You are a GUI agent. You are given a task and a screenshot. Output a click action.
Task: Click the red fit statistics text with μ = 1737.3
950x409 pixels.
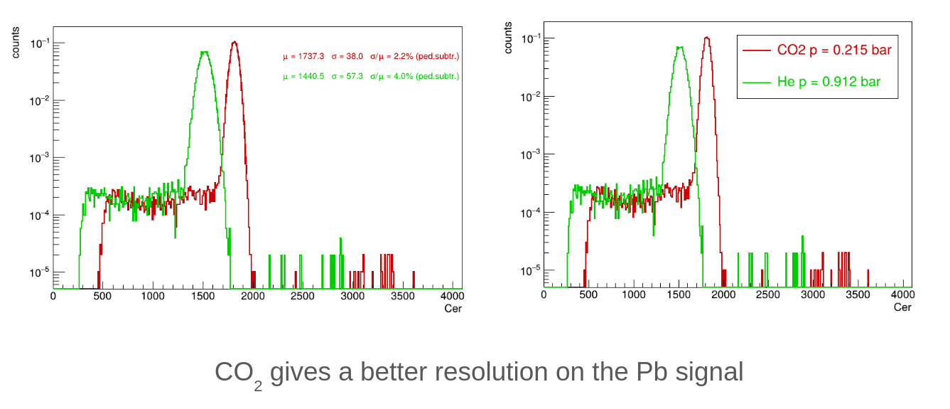coord(370,55)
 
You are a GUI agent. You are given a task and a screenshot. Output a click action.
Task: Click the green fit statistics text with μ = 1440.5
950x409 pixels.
coord(370,75)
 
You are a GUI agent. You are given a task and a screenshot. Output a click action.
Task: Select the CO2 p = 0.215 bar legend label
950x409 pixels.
coord(834,51)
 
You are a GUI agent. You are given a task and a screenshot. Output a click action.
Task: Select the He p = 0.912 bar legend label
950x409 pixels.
coord(829,82)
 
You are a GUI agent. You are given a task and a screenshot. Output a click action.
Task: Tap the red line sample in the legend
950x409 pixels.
coord(756,51)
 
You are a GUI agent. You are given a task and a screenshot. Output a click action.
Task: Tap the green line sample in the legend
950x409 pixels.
coord(756,82)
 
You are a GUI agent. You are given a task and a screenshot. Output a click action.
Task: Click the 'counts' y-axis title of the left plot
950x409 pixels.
coord(16,43)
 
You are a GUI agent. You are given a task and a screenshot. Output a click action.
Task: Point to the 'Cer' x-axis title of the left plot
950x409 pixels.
coord(453,308)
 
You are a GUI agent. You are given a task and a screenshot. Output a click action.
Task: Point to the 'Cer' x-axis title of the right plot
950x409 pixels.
coord(902,307)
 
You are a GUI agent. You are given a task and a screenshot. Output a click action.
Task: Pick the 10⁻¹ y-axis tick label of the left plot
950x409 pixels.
coord(39,43)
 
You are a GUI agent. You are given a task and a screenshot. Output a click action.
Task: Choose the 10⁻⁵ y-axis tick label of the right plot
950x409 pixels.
coord(531,271)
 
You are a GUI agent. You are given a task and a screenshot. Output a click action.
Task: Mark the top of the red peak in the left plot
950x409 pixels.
coord(234,42)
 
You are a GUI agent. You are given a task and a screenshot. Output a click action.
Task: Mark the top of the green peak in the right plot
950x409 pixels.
coord(680,48)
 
